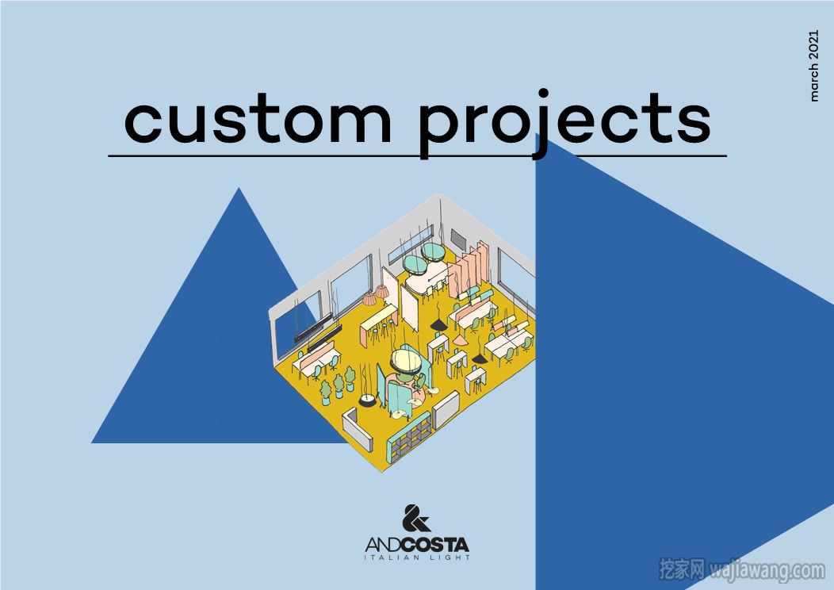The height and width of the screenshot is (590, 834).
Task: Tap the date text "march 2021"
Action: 813,66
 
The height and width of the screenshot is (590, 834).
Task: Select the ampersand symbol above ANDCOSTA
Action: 416,518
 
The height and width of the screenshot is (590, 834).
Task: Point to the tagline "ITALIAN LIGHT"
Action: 418,557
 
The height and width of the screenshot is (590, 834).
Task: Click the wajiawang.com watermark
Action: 741,570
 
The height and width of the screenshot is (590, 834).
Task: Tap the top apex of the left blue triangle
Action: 239,187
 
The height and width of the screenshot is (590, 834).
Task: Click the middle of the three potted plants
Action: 339,385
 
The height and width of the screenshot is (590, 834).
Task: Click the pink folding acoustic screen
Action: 468,269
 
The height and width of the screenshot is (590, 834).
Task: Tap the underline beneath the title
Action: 418,156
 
